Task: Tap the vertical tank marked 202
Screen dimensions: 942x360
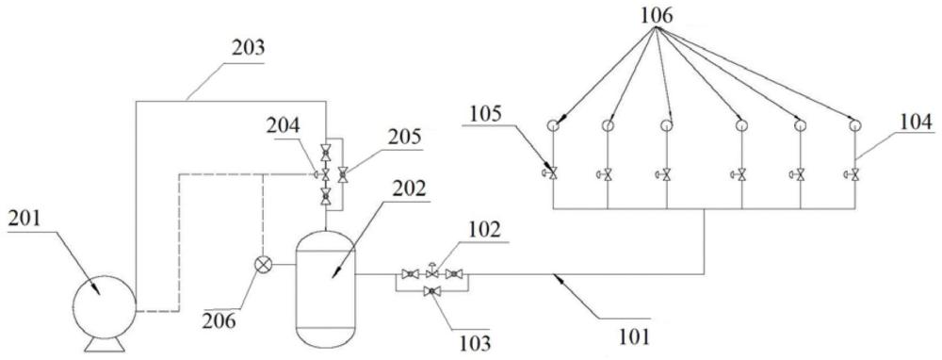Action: (x=326, y=288)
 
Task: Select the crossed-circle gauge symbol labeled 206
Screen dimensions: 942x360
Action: (x=264, y=265)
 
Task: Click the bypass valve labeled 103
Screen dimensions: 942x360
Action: (x=431, y=291)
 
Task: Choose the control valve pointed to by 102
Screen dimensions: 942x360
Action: (x=431, y=272)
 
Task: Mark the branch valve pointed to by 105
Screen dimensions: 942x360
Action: (x=551, y=173)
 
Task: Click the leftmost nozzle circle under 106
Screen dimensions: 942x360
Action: (x=552, y=125)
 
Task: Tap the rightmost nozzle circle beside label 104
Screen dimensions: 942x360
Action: (x=855, y=125)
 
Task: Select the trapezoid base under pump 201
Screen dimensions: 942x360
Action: (x=104, y=344)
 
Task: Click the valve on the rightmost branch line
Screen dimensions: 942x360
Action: (x=853, y=175)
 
